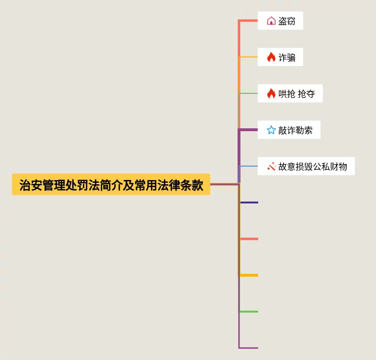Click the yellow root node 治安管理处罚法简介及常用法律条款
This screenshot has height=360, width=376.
coord(111,184)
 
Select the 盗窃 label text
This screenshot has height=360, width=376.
coord(287,21)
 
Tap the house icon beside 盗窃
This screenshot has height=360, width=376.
coord(271,21)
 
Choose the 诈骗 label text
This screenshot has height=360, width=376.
coord(287,57)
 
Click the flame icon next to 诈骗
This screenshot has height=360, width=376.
coord(271,57)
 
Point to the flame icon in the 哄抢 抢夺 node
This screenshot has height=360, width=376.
coord(271,93)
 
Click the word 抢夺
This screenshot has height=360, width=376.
coord(307,94)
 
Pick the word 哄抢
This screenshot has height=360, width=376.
coord(287,94)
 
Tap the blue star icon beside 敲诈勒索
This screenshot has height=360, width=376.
coord(271,130)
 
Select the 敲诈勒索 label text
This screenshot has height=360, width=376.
coord(296,130)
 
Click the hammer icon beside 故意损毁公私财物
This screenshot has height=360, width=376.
coord(271,166)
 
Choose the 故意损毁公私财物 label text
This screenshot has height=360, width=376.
coord(313,167)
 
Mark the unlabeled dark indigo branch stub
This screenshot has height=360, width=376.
coord(249,202)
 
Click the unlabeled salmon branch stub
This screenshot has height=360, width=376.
coord(249,239)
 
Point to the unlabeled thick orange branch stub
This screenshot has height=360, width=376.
coord(249,275)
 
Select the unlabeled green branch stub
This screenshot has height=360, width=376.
coord(249,312)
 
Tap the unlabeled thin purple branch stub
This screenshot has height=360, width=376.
coord(249,348)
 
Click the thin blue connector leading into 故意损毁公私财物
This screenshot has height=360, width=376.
coord(249,166)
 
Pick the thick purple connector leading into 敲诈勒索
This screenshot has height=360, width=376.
coord(249,130)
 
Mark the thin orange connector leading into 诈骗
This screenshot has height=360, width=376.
coord(249,57)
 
